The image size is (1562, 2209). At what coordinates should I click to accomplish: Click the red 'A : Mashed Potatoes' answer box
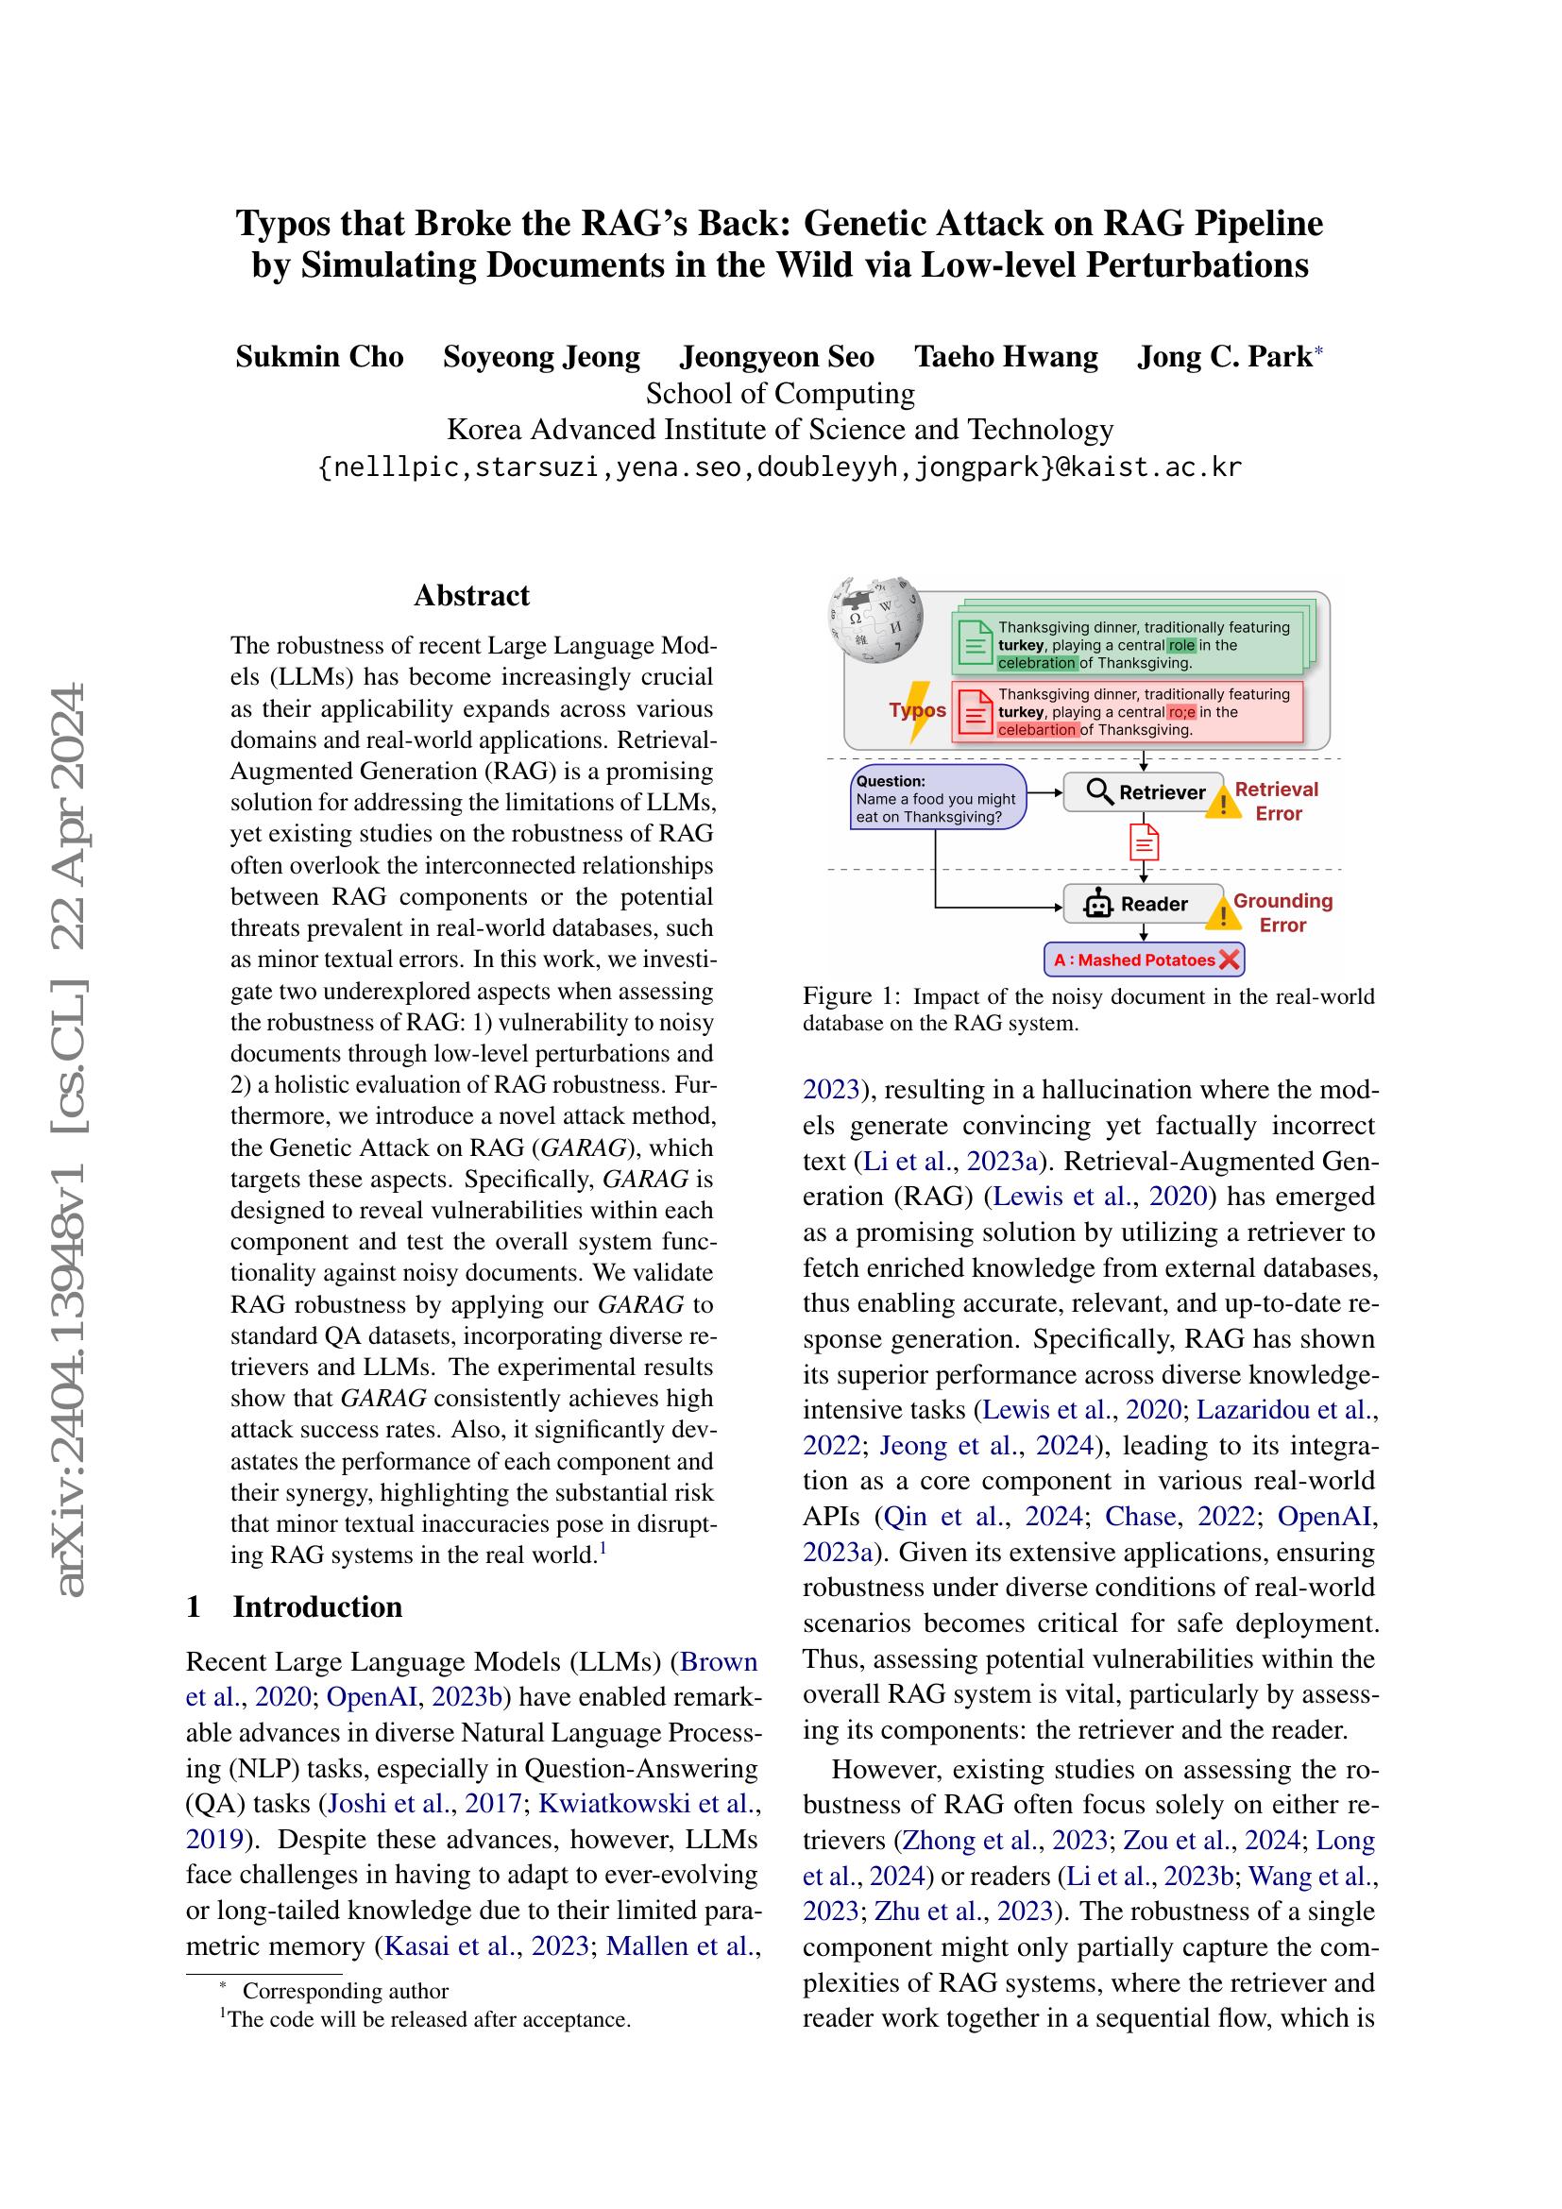click(x=1144, y=960)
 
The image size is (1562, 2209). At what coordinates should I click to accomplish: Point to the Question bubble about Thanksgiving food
click(x=938, y=798)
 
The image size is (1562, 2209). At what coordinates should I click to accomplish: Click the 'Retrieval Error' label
click(x=1277, y=801)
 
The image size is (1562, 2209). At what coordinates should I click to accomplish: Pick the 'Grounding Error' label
click(x=1282, y=912)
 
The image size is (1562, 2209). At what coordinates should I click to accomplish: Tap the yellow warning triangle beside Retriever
click(x=1222, y=803)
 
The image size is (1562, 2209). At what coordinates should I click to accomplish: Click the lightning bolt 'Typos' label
click(x=918, y=710)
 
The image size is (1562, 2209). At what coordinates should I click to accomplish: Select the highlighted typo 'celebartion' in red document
click(x=1037, y=729)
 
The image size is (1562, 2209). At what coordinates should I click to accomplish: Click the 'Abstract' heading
click(x=471, y=596)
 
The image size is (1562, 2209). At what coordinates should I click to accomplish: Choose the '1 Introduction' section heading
click(x=295, y=1606)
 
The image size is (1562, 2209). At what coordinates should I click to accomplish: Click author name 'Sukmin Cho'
click(x=319, y=357)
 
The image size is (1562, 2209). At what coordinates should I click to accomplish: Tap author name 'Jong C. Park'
click(x=1223, y=357)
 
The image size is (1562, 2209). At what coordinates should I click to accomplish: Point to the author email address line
click(x=780, y=467)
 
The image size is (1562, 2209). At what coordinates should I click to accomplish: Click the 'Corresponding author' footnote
click(x=345, y=1991)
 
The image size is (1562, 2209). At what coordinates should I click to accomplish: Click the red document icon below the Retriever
click(x=1143, y=842)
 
